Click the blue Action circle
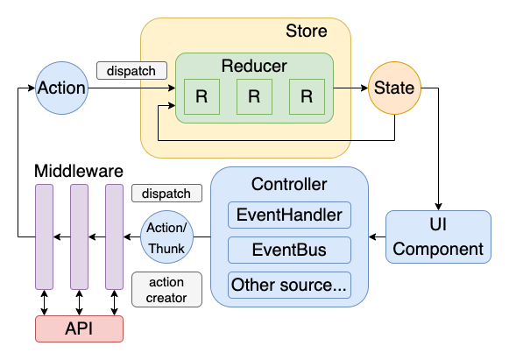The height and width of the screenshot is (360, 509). (62, 88)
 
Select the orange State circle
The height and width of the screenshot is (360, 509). (394, 88)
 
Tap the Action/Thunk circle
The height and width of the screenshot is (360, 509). (166, 236)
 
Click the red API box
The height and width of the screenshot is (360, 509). (79, 328)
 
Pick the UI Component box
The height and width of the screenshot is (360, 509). (438, 236)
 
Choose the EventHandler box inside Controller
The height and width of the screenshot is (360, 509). (289, 215)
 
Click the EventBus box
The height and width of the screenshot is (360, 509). (289, 250)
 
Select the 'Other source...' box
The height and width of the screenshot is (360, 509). (289, 285)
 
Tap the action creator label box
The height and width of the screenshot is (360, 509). (166, 289)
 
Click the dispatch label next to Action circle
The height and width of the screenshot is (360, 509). (131, 70)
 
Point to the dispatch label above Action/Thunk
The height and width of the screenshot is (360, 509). (166, 193)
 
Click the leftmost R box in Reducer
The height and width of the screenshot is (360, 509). (201, 97)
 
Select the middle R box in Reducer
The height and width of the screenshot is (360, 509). (254, 97)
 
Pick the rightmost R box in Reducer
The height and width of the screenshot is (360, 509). (307, 97)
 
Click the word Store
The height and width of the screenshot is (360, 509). (307, 32)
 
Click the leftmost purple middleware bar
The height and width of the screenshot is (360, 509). (44, 236)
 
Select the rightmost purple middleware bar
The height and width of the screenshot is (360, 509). (114, 236)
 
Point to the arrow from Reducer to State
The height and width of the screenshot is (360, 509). (350, 88)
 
